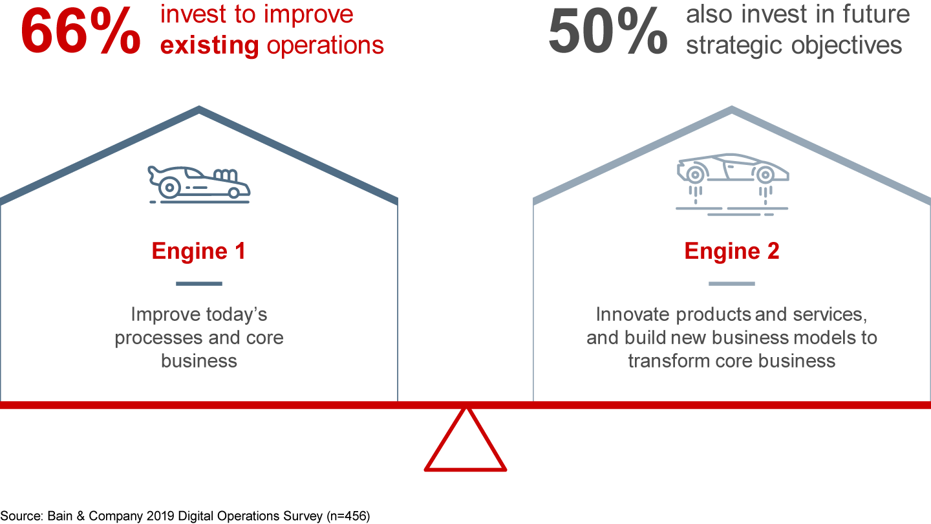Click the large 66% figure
pyautogui.click(x=81, y=31)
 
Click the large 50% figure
pyautogui.click(x=608, y=31)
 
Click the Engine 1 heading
pyautogui.click(x=198, y=251)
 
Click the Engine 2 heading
pyautogui.click(x=731, y=251)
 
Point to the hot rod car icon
pyautogui.click(x=198, y=184)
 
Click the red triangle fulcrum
pyautogui.click(x=465, y=443)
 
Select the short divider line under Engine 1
pyautogui.click(x=198, y=283)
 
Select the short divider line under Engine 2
pyautogui.click(x=731, y=283)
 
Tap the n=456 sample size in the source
pyautogui.click(x=347, y=516)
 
